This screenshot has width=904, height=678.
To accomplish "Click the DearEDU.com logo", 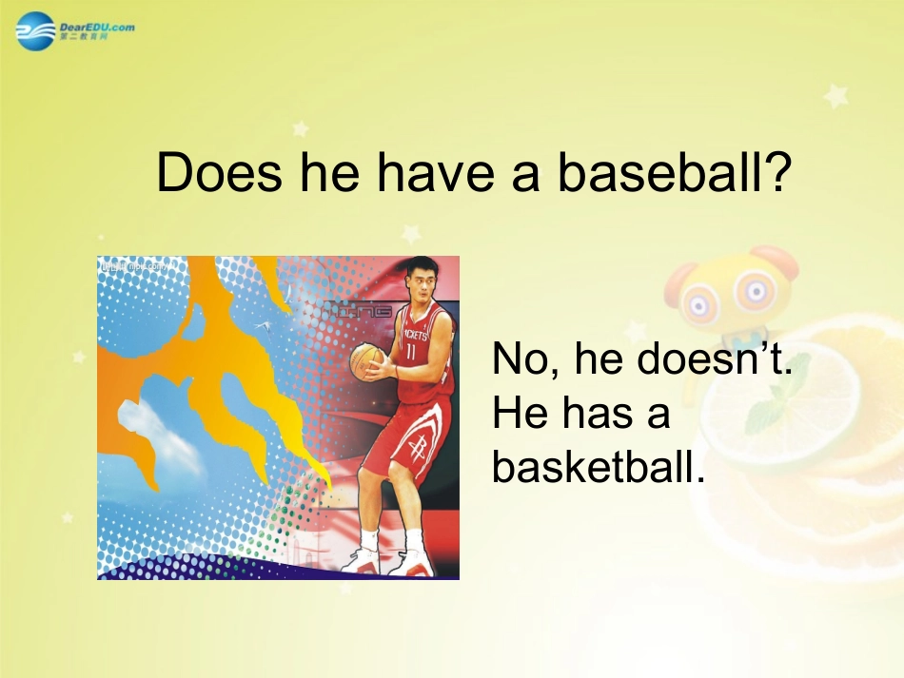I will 75,30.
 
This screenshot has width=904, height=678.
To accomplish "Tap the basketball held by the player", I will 366,361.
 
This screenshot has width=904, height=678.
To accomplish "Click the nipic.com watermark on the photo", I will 133,267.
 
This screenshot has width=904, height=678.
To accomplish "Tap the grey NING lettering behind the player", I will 357,311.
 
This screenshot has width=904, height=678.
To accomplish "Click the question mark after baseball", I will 776,172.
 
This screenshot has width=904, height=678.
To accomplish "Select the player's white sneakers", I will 390,561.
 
